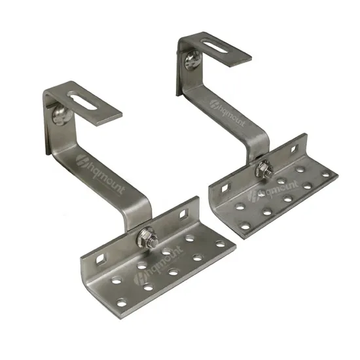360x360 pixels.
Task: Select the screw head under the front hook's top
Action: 59,117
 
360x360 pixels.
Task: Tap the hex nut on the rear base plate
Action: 264,171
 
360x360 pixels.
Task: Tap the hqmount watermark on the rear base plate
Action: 262,194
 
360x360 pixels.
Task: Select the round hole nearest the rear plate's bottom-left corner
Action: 245,226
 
